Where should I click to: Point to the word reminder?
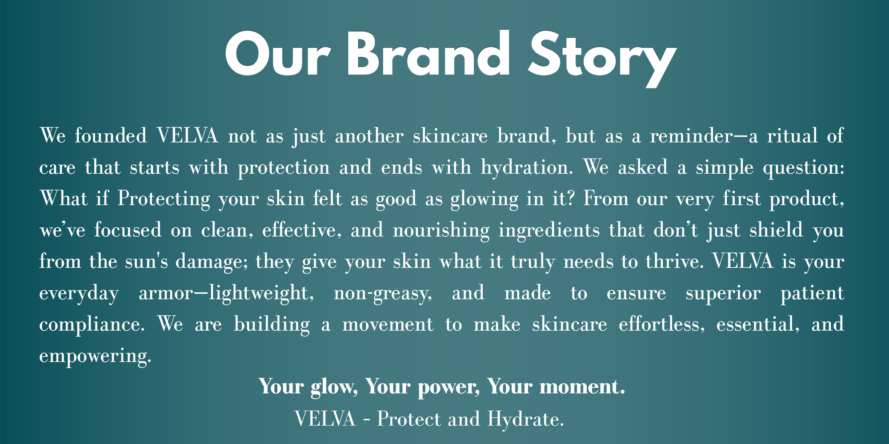coord(690,135)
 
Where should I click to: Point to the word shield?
coord(776,230)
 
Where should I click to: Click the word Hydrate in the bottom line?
coord(526,419)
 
